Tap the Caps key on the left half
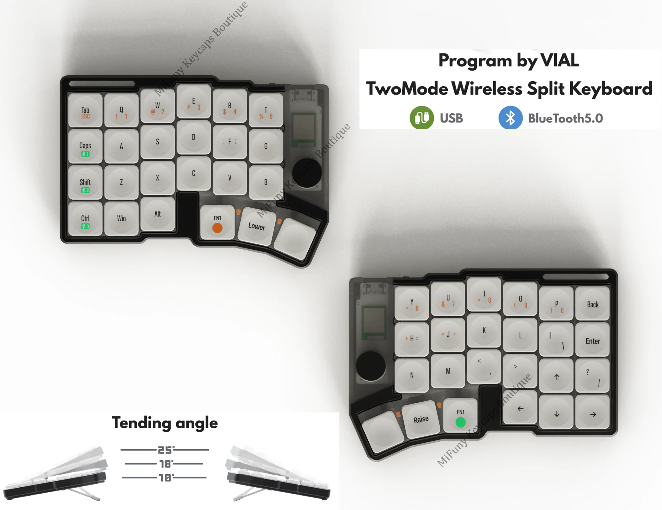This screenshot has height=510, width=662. pyautogui.click(x=85, y=147)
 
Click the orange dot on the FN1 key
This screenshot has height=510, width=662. pyautogui.click(x=217, y=228)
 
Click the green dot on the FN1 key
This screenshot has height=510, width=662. pyautogui.click(x=460, y=422)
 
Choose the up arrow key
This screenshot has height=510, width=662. pyautogui.click(x=556, y=377)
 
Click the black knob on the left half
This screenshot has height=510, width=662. pyautogui.click(x=307, y=173)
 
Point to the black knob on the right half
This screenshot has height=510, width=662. pyautogui.click(x=371, y=366)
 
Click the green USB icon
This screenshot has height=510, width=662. pyautogui.click(x=421, y=118)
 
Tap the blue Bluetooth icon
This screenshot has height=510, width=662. pyautogui.click(x=510, y=118)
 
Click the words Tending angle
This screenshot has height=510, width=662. pyautogui.click(x=165, y=423)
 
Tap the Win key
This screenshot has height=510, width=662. pyautogui.click(x=121, y=218)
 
